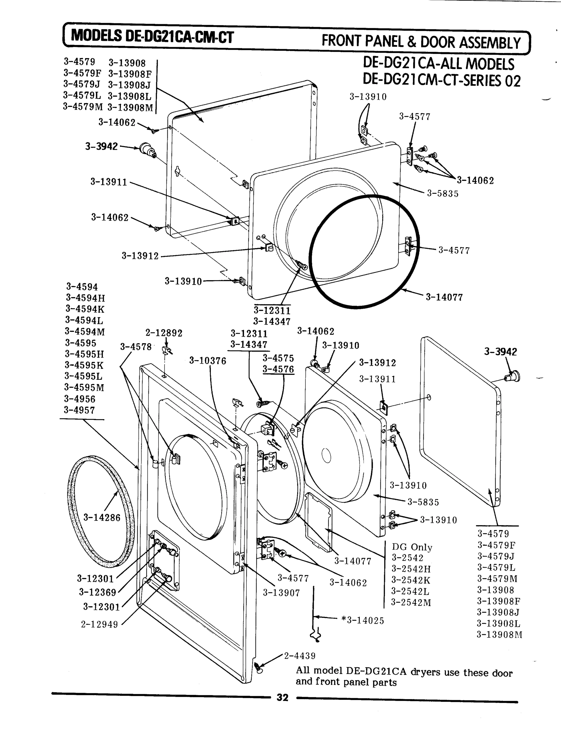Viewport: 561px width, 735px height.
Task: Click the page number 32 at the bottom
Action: (x=282, y=698)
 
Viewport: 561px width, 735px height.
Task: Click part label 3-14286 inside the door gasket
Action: (x=102, y=518)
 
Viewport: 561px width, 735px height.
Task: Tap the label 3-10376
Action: (x=208, y=361)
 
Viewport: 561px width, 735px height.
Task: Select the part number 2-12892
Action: (x=164, y=333)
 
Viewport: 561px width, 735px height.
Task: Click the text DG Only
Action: (x=412, y=547)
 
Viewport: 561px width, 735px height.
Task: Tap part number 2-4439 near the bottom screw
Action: (x=300, y=656)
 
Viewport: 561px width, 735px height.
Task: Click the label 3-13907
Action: (x=281, y=593)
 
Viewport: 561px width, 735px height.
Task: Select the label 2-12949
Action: (x=99, y=624)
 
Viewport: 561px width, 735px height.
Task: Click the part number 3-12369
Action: (x=98, y=593)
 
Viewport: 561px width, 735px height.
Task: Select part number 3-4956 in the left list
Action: (x=80, y=399)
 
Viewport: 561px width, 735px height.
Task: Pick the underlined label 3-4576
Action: (x=278, y=370)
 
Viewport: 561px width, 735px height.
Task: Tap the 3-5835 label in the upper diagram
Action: (x=443, y=194)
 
